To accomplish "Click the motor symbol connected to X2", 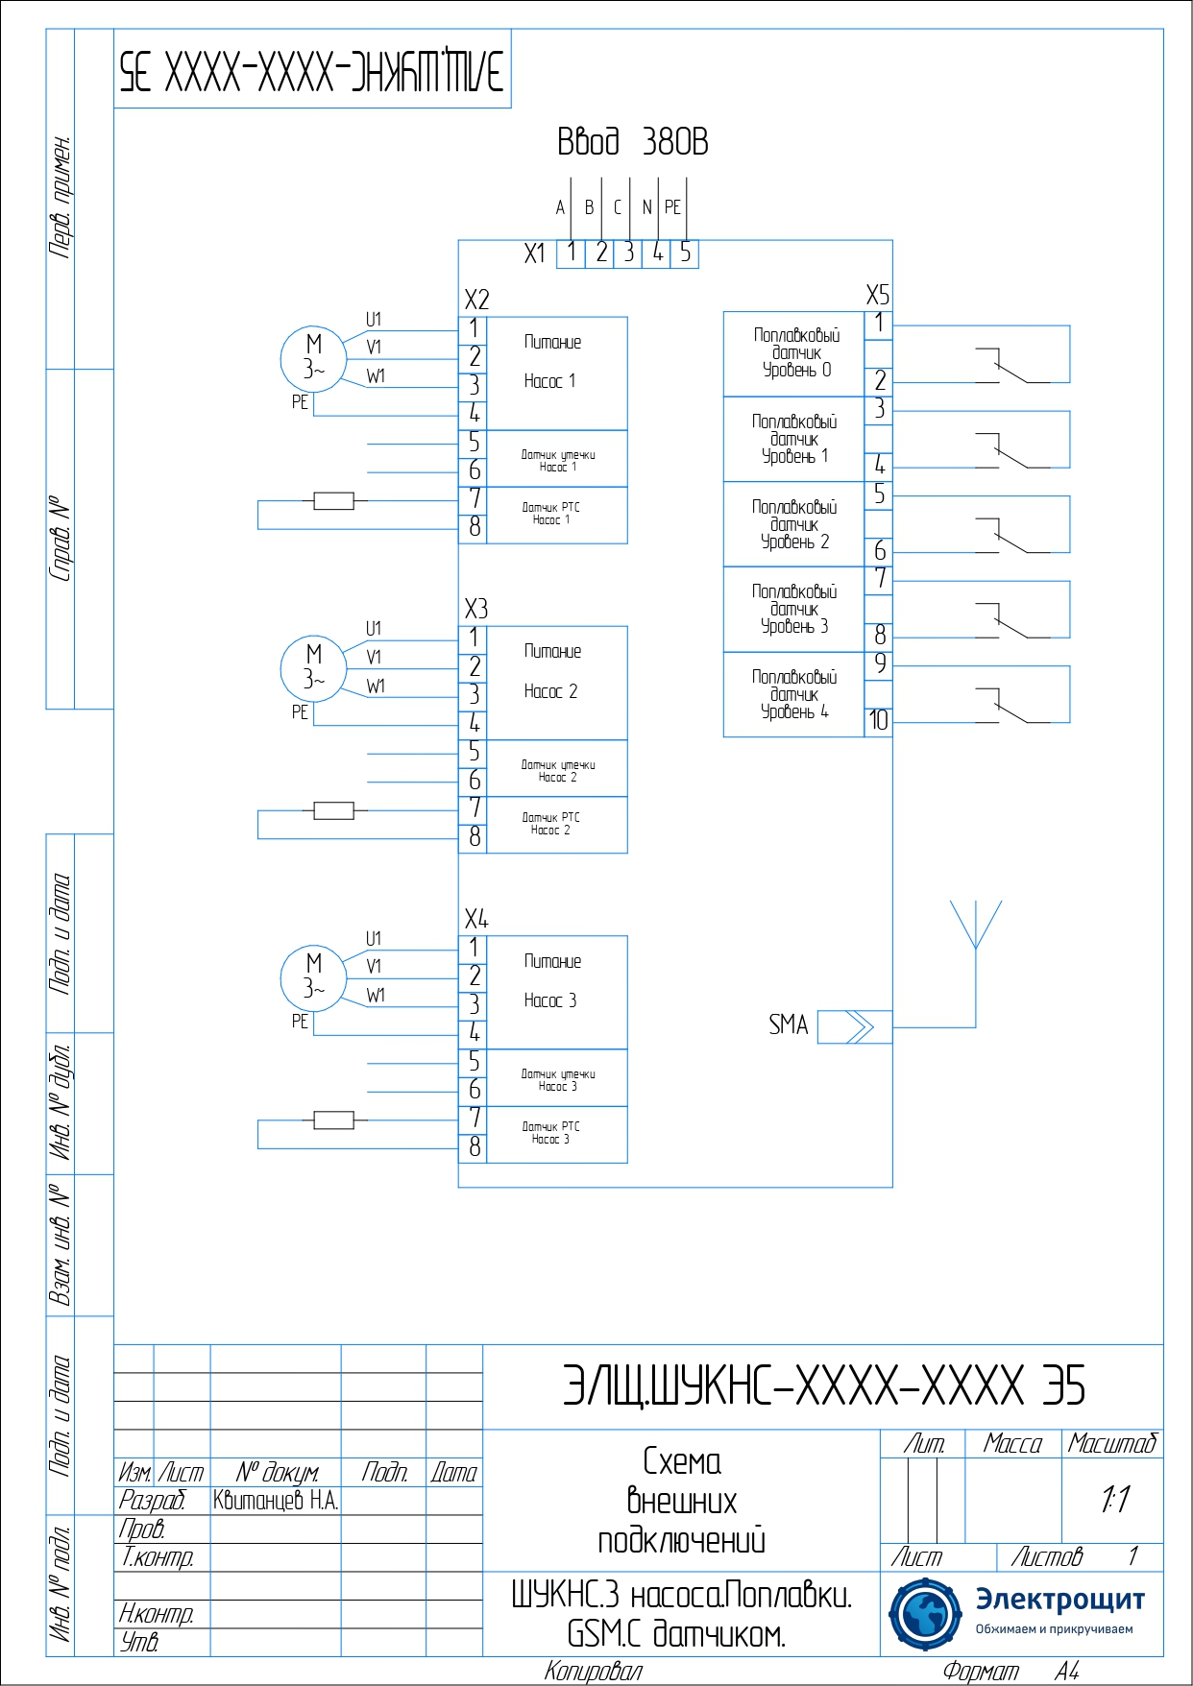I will tap(313, 358).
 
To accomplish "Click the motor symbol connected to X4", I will tap(313, 977).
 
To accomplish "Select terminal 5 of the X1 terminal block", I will tap(685, 253).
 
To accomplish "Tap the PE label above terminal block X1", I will tap(672, 207).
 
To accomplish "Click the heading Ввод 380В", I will tap(632, 142).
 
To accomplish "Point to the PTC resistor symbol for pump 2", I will tap(333, 810).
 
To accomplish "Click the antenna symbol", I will tap(975, 927).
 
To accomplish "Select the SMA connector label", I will tap(788, 1025).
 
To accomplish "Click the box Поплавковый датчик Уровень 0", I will tap(794, 353).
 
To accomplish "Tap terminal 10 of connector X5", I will tap(878, 721).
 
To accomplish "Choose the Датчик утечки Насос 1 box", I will tap(557, 460).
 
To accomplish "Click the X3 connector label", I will tap(475, 609).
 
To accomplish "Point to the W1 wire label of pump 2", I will tap(376, 686).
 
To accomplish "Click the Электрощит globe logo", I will tap(924, 1613).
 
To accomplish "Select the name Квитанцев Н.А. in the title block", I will tap(276, 1501).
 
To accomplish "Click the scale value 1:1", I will tap(1114, 1499).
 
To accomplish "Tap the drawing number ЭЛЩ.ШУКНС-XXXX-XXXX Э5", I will tap(823, 1385).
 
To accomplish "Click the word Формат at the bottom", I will tap(980, 1672).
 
